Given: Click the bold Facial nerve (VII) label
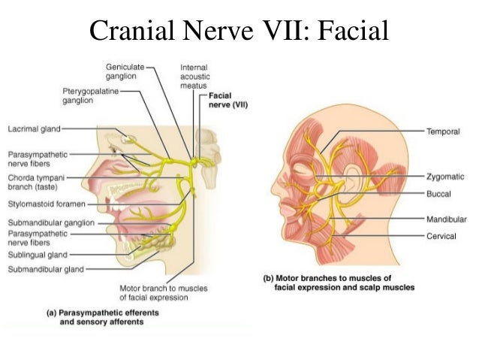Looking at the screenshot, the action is tap(229, 100).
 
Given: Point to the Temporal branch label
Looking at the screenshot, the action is tap(443, 130).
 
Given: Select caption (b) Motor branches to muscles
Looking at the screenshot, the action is tap(338, 283).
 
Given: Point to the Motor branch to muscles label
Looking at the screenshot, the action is tap(164, 292).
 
